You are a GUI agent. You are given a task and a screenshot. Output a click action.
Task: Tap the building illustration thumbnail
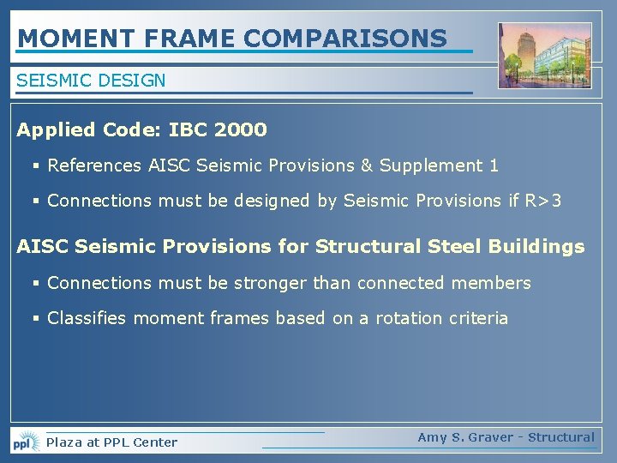click(544, 57)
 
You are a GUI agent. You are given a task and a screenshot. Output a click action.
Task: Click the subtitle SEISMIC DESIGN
click(91, 81)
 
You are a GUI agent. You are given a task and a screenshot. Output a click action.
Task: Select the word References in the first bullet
click(95, 165)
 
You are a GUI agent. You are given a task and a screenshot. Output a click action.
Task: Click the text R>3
click(544, 201)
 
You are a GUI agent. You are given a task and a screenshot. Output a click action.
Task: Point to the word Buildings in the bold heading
click(536, 247)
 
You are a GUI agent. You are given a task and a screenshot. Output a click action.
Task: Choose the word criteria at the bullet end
click(481, 318)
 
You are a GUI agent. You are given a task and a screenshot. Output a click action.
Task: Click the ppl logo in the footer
click(25, 442)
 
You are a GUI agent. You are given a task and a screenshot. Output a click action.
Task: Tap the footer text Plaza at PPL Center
click(111, 442)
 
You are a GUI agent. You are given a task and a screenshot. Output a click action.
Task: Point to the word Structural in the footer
click(560, 437)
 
